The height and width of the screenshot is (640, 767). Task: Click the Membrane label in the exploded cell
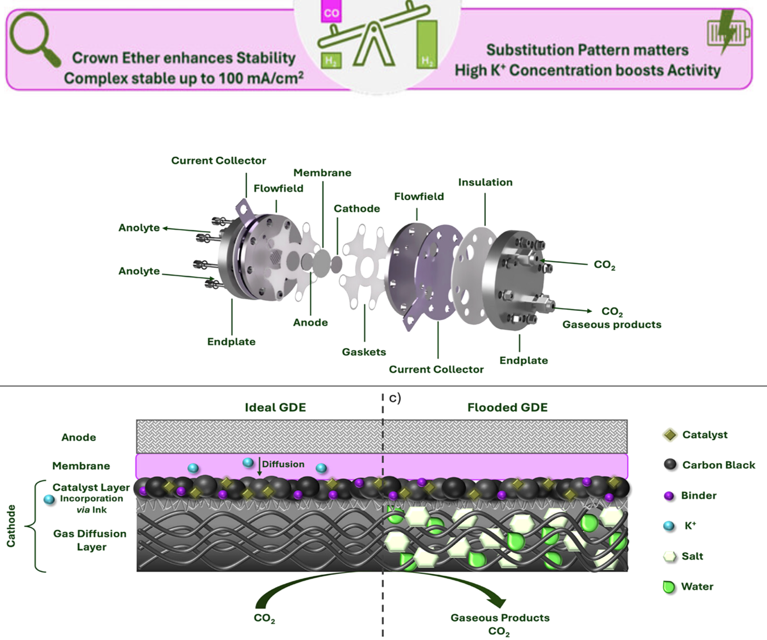pyautogui.click(x=322, y=172)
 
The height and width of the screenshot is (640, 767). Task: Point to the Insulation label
pyautogui.click(x=485, y=182)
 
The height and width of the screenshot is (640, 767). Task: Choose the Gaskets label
pyautogui.click(x=364, y=352)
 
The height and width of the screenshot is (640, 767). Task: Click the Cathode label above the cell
pyautogui.click(x=357, y=208)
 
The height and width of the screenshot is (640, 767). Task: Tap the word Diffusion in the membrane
pyautogui.click(x=283, y=464)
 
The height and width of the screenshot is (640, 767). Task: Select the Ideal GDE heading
pyautogui.click(x=275, y=407)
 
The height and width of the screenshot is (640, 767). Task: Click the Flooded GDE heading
pyautogui.click(x=507, y=407)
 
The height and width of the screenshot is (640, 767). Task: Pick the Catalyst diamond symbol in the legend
pyautogui.click(x=670, y=435)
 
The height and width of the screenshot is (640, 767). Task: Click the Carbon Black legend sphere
pyautogui.click(x=670, y=465)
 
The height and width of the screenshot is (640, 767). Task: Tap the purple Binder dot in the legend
pyautogui.click(x=669, y=496)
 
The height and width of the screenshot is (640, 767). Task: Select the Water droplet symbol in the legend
pyautogui.click(x=669, y=587)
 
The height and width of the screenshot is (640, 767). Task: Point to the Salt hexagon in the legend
pyautogui.click(x=670, y=556)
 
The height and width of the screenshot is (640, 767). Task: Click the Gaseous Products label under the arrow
pyautogui.click(x=500, y=618)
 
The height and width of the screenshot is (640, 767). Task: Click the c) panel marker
pyautogui.click(x=395, y=398)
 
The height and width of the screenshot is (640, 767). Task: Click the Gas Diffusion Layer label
pyautogui.click(x=90, y=540)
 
